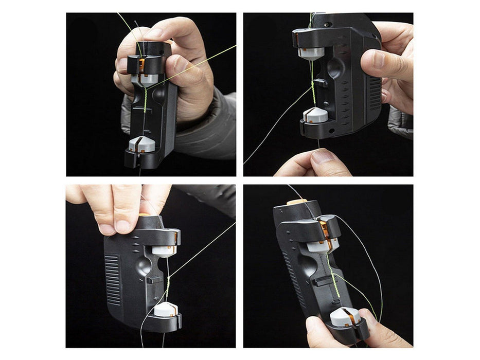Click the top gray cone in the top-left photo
coord(148,79)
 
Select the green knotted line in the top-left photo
coord(145,101)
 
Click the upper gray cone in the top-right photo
coord(312,52)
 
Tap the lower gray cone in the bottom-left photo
coord(165,309)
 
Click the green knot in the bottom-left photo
coord(167,280)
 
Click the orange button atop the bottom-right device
coord(297,202)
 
